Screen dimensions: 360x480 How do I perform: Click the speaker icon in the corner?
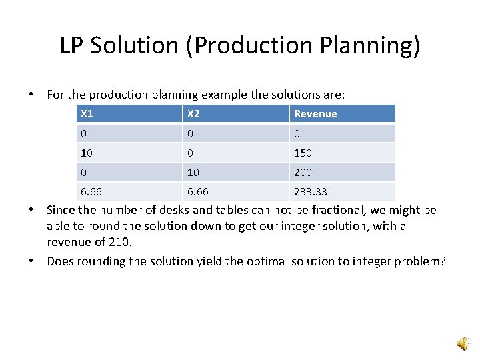(462, 343)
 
